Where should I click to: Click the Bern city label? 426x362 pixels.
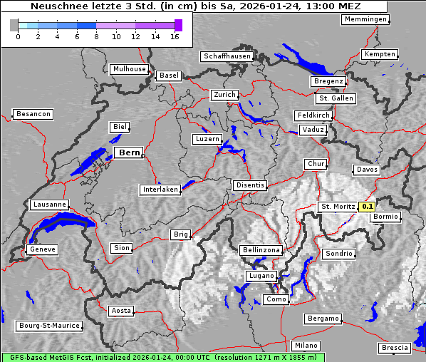129,152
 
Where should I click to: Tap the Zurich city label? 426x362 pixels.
224,95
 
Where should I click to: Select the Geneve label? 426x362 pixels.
42,249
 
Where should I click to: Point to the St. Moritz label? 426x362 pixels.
337,207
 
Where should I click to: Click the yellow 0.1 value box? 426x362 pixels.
367,207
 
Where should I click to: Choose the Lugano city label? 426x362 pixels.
261,276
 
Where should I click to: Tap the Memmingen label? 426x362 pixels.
365,19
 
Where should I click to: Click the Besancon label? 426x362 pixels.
33,114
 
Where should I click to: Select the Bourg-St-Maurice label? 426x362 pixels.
49,326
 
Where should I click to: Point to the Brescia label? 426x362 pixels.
395,348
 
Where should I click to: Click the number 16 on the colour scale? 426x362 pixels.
175,36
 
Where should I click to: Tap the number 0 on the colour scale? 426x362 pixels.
17,36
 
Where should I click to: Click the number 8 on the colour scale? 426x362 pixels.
96,36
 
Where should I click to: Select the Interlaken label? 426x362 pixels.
160,190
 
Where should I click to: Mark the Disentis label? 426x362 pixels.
249,185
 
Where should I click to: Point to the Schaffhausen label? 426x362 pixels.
227,56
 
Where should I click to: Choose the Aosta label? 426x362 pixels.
121,311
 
